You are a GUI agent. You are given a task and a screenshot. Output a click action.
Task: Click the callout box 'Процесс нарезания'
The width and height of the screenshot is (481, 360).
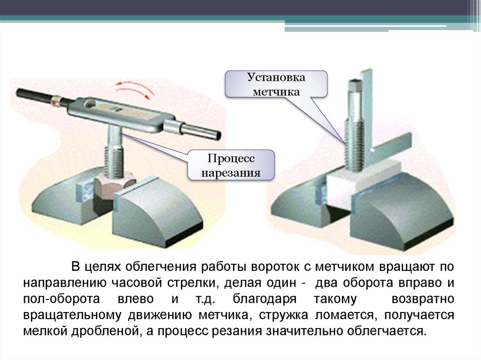(x=231, y=165)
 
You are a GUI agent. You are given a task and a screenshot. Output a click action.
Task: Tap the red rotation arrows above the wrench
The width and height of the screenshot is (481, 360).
(x=136, y=89)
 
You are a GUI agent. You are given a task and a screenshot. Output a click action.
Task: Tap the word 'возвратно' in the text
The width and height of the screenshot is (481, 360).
(x=419, y=299)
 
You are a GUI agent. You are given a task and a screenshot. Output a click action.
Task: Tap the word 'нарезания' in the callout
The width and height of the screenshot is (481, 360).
(x=231, y=173)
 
